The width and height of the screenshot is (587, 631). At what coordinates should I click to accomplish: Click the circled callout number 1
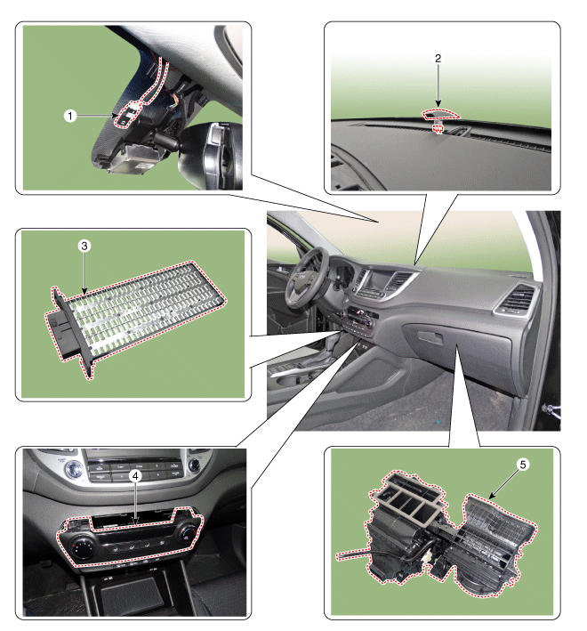[x=70, y=116]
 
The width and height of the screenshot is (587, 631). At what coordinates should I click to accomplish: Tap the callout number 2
[x=438, y=59]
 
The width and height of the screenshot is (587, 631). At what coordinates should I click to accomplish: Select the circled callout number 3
[x=84, y=246]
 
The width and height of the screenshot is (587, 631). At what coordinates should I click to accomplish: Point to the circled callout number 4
[x=135, y=476]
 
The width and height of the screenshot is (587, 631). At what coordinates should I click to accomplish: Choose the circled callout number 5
[x=523, y=465]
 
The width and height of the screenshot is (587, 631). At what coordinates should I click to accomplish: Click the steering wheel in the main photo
[x=307, y=278]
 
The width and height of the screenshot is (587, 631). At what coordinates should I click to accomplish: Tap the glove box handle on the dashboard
[x=430, y=337]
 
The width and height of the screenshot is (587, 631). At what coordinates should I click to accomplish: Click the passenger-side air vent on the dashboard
[x=516, y=300]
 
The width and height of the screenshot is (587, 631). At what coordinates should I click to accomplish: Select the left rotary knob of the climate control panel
[x=84, y=547]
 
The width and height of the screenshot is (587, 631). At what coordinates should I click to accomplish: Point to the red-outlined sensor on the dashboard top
[x=439, y=115]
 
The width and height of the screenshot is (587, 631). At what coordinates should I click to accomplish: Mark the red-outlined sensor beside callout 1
[x=128, y=114]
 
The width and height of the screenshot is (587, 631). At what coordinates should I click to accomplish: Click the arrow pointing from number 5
[x=503, y=484]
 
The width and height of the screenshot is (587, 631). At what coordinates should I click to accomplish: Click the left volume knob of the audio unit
[x=75, y=469]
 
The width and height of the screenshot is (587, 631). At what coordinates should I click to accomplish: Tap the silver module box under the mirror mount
[x=134, y=160]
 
